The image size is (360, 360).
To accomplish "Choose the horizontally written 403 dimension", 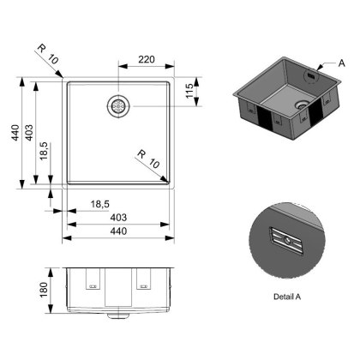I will pos(118,217).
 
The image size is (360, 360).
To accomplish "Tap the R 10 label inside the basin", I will pos(147,156).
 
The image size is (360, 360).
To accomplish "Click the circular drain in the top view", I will pos(117,105).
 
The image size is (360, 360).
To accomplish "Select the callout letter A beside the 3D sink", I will pos(343,64).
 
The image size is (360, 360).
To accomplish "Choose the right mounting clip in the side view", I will pos(142,279).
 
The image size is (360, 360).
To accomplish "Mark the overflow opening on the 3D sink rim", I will pos(311,74).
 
